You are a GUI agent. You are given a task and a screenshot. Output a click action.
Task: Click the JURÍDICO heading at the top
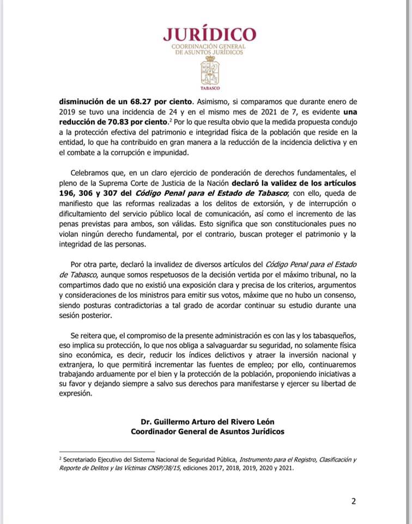[x=210, y=34]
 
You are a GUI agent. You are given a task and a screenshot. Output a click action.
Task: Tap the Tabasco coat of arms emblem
[x=210, y=70]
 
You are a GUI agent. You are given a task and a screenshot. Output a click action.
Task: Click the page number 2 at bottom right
[x=353, y=502]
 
